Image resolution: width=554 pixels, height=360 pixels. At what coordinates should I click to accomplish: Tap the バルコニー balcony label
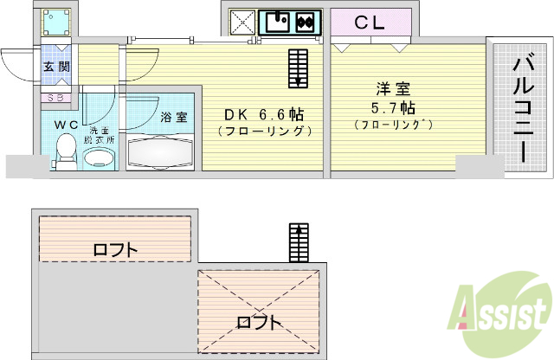pyautogui.click(x=522, y=110)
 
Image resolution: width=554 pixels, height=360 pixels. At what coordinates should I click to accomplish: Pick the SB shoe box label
pyautogui.click(x=54, y=98)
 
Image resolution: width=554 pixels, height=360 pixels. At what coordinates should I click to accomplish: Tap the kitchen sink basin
pyautogui.click(x=278, y=22)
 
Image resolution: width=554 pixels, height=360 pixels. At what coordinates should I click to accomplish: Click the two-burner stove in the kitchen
pyautogui.click(x=306, y=22)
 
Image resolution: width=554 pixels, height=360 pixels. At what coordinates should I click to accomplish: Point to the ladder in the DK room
pyautogui.click(x=297, y=67)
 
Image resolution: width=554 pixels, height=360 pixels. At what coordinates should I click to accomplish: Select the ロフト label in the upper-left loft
pyautogui.click(x=115, y=250)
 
